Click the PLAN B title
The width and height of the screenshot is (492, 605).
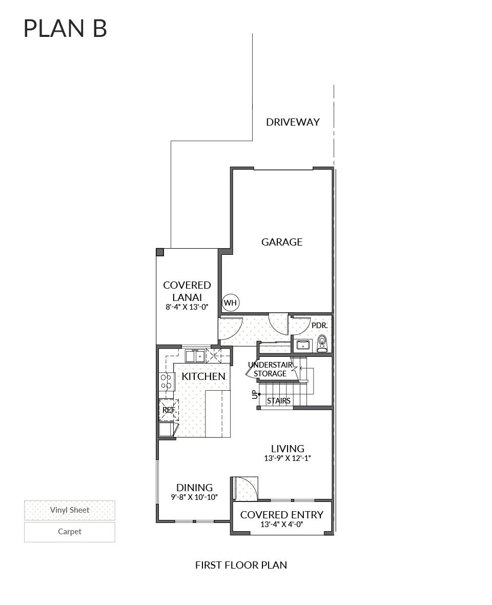[x=65, y=29]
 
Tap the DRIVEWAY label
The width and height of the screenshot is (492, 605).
[x=293, y=122]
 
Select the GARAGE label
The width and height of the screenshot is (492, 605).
[x=282, y=242]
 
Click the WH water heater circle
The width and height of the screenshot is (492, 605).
[x=231, y=302]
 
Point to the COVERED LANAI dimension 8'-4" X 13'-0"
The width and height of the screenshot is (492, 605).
[x=187, y=308]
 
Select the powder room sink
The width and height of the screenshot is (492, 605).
[x=303, y=345]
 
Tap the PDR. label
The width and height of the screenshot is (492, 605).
[x=319, y=325]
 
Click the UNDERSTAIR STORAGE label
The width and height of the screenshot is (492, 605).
[x=270, y=369]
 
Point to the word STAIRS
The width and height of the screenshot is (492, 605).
[x=279, y=401]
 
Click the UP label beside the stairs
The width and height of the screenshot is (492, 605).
[x=254, y=394]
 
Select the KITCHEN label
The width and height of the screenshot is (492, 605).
[x=203, y=376]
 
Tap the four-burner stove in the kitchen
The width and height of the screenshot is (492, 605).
[x=166, y=381]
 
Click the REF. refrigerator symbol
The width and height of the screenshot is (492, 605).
[x=169, y=410]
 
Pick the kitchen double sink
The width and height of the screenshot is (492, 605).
[x=195, y=355]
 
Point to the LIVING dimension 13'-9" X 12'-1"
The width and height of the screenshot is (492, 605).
[x=288, y=459]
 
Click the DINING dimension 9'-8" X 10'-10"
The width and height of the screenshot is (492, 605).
[x=194, y=497]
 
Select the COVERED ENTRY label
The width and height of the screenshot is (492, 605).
[x=282, y=515]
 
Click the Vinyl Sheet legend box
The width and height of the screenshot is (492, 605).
[x=70, y=510]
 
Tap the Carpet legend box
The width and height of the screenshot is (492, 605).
[x=70, y=532]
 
